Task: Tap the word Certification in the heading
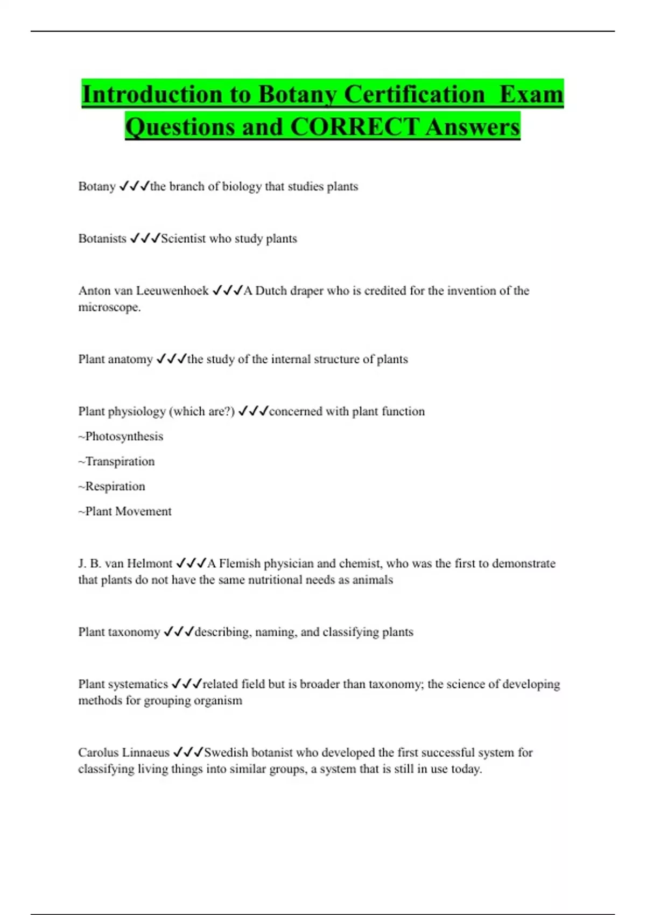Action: [414, 94]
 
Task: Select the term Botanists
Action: [102, 238]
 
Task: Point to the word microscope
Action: [109, 307]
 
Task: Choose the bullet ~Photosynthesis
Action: [121, 436]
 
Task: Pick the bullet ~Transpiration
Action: [116, 461]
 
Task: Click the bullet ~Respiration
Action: [111, 487]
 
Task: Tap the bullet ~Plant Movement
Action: [125, 511]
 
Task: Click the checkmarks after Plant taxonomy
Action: [178, 632]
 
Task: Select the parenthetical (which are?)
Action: [202, 411]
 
